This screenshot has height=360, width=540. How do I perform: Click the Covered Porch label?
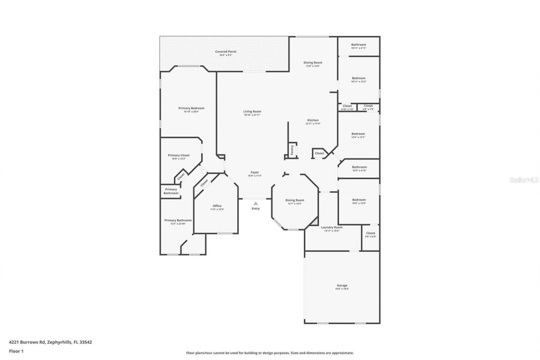(226, 51)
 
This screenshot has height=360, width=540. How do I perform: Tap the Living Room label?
(252, 111)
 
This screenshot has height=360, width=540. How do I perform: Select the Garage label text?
(342, 285)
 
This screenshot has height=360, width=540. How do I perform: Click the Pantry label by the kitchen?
(292, 150)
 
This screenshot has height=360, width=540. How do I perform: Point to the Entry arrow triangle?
(256, 203)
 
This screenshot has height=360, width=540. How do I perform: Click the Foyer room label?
(255, 172)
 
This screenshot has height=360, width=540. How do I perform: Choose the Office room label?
(217, 206)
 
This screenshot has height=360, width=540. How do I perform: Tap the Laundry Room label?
(332, 227)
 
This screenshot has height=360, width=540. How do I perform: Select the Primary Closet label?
(178, 155)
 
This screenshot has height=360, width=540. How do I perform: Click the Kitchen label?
(313, 120)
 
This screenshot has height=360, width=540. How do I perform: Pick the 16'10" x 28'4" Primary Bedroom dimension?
(191, 112)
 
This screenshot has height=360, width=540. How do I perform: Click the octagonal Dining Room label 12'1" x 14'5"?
(294, 200)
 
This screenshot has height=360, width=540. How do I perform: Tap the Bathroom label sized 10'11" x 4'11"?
(359, 44)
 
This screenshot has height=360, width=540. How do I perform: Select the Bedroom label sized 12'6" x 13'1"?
(358, 134)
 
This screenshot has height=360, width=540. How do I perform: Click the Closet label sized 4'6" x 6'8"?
(370, 233)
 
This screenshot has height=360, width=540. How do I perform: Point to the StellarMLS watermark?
(524, 180)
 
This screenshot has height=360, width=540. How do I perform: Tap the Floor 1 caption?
(16, 351)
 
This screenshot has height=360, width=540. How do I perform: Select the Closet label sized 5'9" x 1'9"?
(368, 106)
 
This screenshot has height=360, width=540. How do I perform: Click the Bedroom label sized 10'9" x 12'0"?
(359, 200)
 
